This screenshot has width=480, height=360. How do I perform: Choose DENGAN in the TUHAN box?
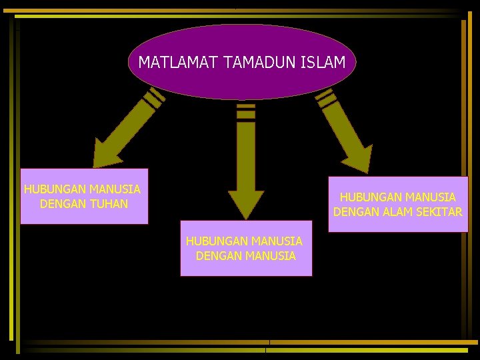(62, 204)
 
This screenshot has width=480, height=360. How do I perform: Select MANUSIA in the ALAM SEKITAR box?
(431, 197)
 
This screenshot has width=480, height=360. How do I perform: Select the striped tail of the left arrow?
(153, 98)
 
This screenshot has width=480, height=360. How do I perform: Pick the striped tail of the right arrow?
(326, 98)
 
